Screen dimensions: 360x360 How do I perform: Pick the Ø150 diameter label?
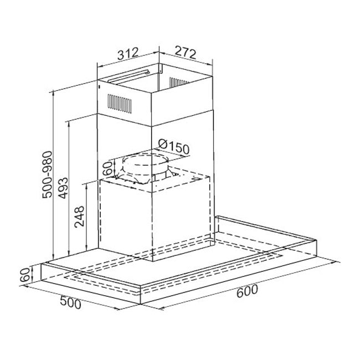173,148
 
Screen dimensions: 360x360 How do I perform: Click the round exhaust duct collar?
143,166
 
